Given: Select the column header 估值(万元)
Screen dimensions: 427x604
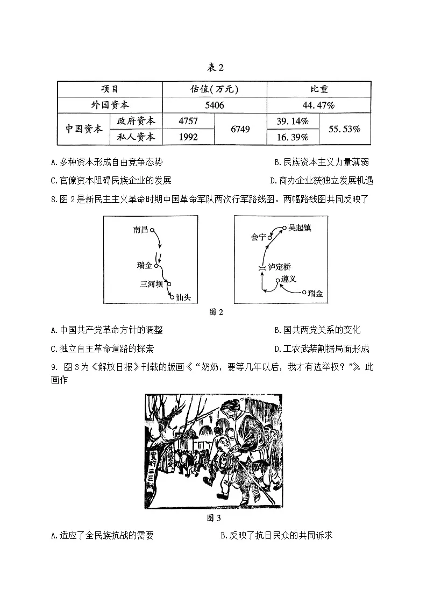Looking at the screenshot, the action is point(214,89).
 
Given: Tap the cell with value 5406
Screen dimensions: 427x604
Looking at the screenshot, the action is point(214,105).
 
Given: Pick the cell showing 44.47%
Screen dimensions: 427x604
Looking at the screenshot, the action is point(318,105).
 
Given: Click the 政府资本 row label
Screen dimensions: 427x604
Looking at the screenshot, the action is point(136,121).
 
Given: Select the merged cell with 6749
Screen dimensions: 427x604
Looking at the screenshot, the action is point(240,129).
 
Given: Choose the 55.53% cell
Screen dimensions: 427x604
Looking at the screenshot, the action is point(345,129).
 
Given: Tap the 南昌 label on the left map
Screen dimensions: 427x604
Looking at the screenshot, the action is point(140,230).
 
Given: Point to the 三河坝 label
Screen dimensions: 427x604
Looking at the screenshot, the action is point(151,284).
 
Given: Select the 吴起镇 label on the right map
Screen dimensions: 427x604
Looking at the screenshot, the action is point(300,228).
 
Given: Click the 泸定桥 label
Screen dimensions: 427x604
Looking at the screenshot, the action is point(280,267).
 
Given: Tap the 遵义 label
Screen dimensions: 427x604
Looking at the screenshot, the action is point(289,279).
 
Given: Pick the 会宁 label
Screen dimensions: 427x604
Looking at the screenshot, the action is point(258,237).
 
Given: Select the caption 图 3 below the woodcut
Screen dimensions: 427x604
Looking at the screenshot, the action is point(213,518).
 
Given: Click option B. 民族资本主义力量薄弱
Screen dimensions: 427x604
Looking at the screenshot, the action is point(322,162).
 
